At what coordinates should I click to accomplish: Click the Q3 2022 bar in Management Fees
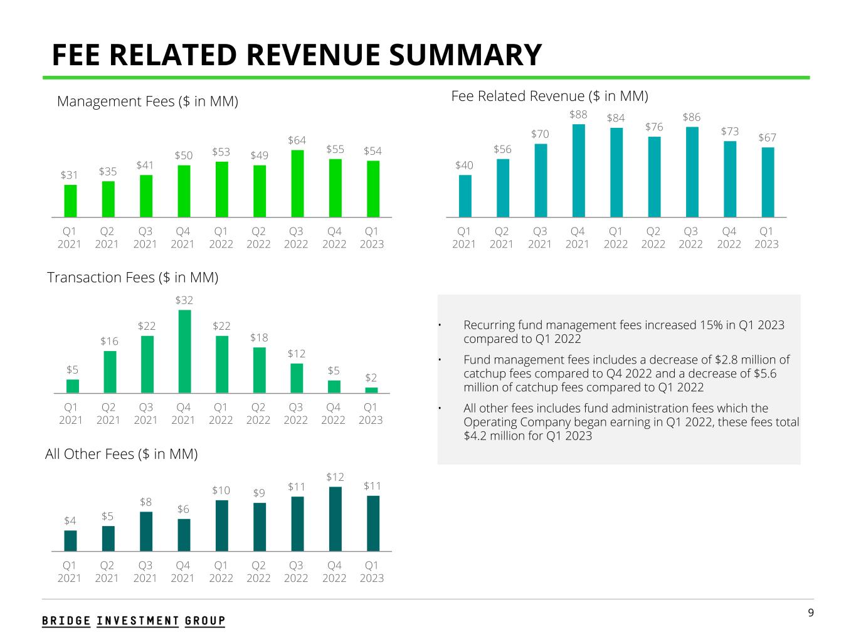(x=297, y=183)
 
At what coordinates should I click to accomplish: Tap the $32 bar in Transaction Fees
(x=184, y=351)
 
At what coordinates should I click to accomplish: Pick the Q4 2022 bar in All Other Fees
(x=335, y=518)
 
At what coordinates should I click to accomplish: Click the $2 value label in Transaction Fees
(x=371, y=377)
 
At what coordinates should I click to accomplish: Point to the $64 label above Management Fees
(x=297, y=140)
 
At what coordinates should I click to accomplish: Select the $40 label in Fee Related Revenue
(x=464, y=166)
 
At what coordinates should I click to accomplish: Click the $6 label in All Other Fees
(x=183, y=509)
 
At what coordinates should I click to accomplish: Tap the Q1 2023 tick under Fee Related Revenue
(x=766, y=238)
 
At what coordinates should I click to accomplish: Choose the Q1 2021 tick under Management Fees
(x=70, y=238)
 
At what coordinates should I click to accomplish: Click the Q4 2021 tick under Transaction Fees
(x=183, y=413)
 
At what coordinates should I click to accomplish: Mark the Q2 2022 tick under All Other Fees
(x=258, y=571)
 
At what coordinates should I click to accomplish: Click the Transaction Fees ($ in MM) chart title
(x=133, y=277)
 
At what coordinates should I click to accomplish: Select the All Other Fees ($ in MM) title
(x=122, y=454)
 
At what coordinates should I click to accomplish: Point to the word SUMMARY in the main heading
(x=465, y=55)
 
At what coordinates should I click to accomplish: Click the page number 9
(x=811, y=613)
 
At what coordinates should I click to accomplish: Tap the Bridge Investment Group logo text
(x=134, y=621)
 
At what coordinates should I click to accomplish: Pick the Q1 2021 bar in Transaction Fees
(x=72, y=386)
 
